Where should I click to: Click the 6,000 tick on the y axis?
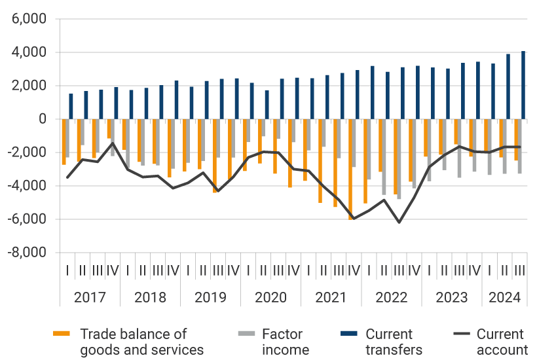(x=28, y=19)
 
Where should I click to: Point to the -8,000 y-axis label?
(x=26, y=252)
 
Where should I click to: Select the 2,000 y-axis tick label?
(x=28, y=86)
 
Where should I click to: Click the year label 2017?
(x=90, y=297)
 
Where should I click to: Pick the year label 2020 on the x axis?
(x=270, y=297)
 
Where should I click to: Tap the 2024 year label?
(x=504, y=297)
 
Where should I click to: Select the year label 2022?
(x=392, y=297)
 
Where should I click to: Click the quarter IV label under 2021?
(x=354, y=269)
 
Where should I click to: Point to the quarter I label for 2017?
(x=67, y=269)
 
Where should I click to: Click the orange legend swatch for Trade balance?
(x=61, y=334)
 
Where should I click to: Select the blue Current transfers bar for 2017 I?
(x=71, y=106)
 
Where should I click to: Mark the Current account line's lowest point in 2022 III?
(x=399, y=223)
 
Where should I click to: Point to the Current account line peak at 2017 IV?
(x=113, y=143)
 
